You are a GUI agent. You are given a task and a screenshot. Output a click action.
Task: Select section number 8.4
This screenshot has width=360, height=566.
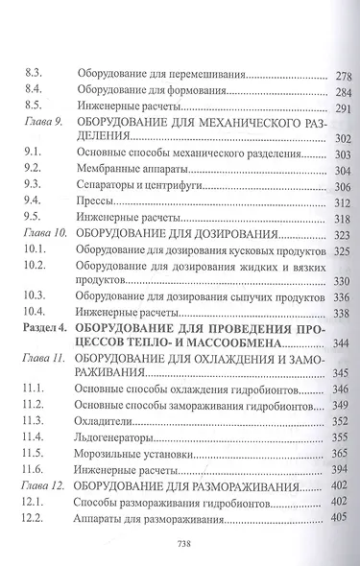click(31, 91)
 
